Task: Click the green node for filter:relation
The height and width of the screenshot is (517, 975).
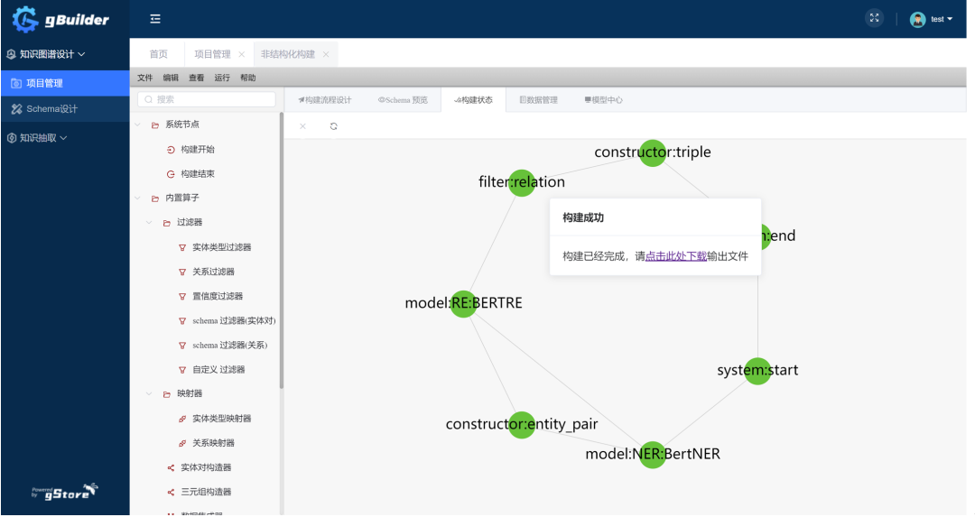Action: coord(522,183)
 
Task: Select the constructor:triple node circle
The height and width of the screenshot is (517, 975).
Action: coord(653,153)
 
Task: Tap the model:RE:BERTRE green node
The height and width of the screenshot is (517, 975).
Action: coord(464,304)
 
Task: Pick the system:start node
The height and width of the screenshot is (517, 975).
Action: coord(757,371)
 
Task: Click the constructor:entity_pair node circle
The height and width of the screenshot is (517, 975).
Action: coord(522,425)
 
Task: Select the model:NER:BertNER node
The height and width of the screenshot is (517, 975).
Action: coord(653,454)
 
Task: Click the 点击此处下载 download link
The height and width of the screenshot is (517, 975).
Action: coord(675,256)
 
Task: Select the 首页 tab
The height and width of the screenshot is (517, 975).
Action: coord(158,54)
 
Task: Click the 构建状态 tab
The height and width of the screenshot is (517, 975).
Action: coord(473,100)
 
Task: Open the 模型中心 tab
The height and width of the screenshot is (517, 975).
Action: coord(603,100)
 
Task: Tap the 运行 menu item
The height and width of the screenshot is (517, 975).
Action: coord(222,78)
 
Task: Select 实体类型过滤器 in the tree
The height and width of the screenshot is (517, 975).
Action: coord(221,247)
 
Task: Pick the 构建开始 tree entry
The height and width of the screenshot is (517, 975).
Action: coord(197,149)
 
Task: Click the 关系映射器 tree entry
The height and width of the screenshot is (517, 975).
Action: coord(213,443)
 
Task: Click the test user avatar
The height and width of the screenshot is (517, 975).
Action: coord(917,19)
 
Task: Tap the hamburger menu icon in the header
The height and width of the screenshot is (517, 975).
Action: coord(155,19)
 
